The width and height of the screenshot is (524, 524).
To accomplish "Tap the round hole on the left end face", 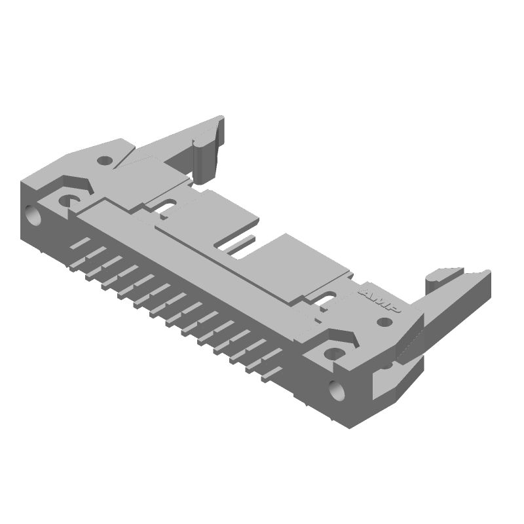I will point(32,215).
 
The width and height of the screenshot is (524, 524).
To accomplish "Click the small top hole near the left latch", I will point(105,159).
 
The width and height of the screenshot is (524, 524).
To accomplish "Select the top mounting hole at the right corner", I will point(335,354).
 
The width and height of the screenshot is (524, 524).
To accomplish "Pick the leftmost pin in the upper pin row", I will point(79,243).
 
